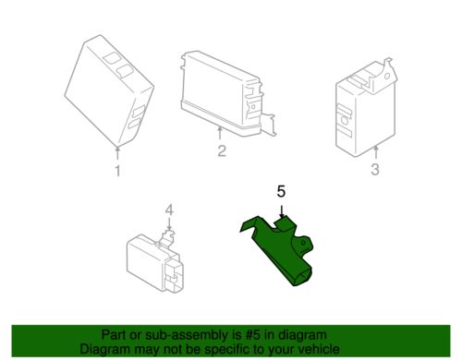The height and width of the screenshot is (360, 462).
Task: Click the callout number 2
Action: pos(222,150)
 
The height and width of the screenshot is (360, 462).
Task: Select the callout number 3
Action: pos(375,169)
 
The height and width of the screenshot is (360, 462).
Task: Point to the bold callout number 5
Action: pos(282,192)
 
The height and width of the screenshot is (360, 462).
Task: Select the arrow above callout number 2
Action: pos(222,134)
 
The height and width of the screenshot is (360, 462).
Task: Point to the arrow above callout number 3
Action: pos(375,150)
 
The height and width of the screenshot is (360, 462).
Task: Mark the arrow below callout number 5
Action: pos(282,210)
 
